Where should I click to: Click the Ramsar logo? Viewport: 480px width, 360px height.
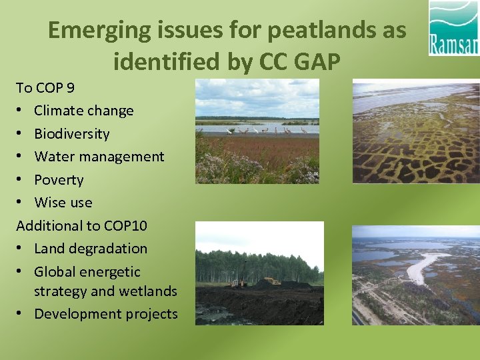453,28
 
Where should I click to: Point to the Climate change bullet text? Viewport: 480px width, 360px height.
83,111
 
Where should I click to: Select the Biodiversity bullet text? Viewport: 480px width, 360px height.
71,133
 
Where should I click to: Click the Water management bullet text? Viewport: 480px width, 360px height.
99,157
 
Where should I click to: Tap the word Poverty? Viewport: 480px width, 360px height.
59,180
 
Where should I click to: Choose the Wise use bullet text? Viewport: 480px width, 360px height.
63,203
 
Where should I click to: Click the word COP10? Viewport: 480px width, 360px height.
125,225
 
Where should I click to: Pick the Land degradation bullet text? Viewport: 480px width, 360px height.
91,249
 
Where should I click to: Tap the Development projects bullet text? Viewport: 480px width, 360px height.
106,314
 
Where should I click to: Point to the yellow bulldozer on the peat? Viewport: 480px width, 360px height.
271,281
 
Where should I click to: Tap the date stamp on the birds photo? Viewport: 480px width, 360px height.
311,173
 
